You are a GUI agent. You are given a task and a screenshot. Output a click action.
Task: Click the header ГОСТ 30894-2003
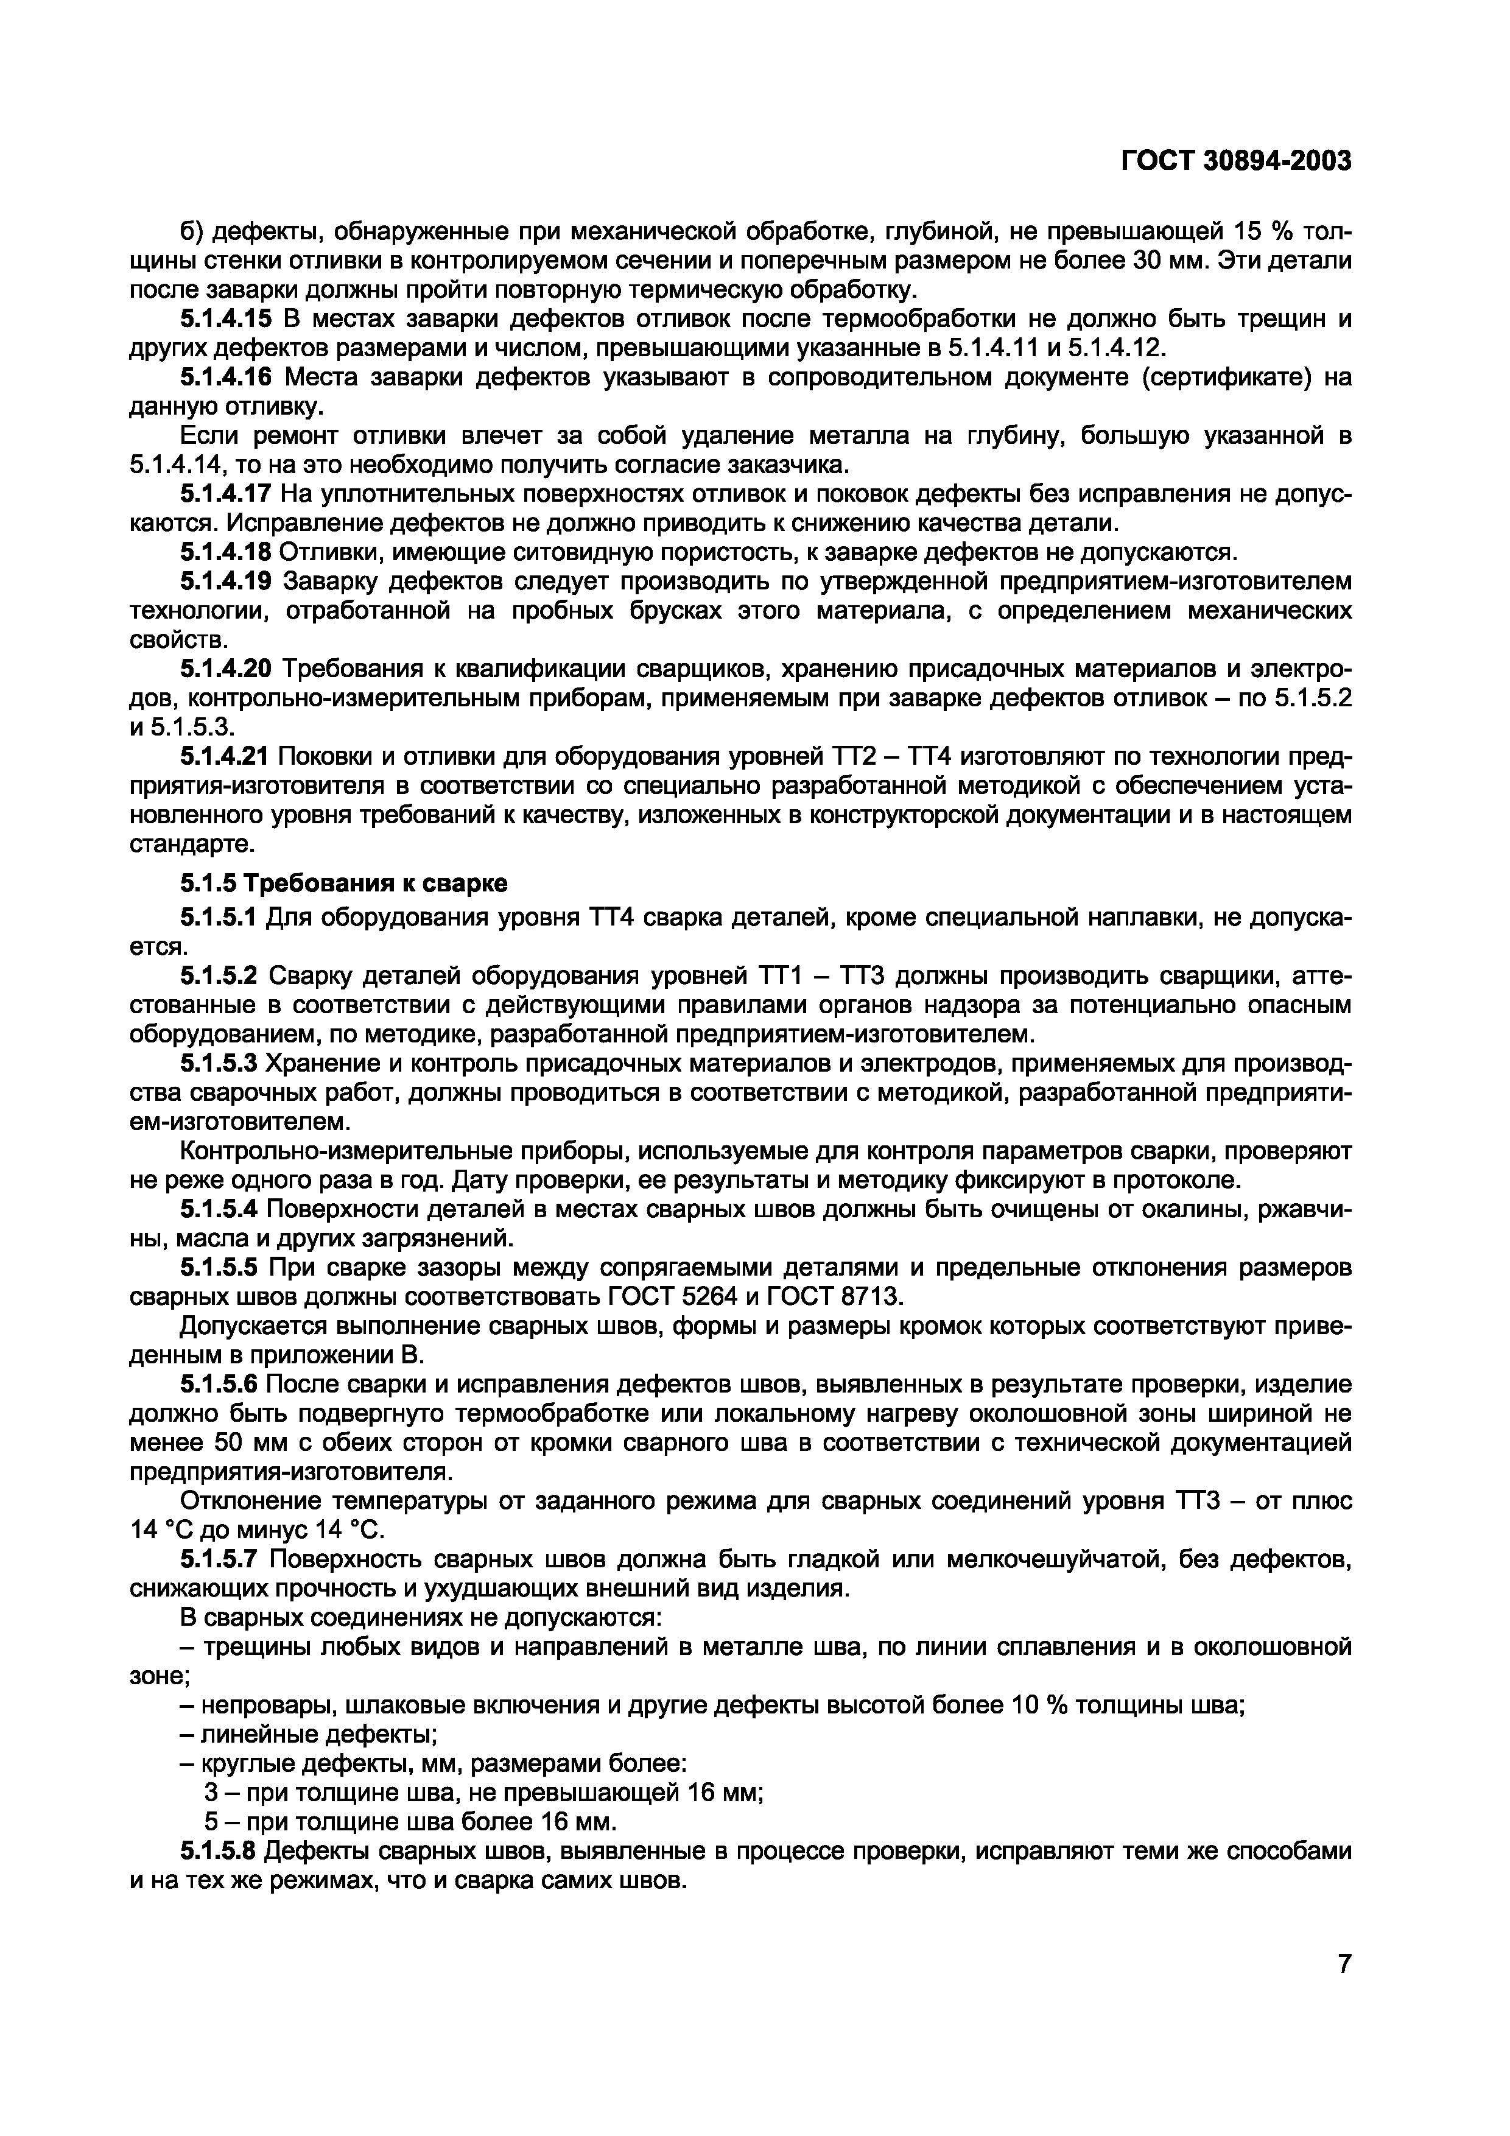[x=1235, y=162]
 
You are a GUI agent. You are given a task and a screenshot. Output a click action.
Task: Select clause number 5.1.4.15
[x=225, y=319]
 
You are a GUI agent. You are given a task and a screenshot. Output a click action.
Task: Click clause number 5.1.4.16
[x=225, y=377]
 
